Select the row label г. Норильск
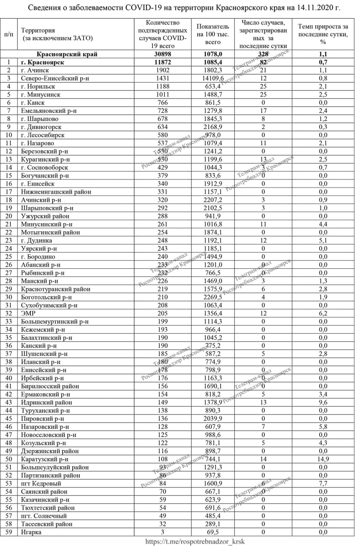click(x=41, y=86)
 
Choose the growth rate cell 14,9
click(x=323, y=459)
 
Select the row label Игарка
click(x=31, y=532)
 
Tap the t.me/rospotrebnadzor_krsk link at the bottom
click(x=195, y=541)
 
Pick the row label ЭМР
click(x=28, y=313)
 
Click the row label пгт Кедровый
click(x=41, y=483)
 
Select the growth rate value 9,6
click(x=323, y=402)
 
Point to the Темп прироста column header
click(x=323, y=34)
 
